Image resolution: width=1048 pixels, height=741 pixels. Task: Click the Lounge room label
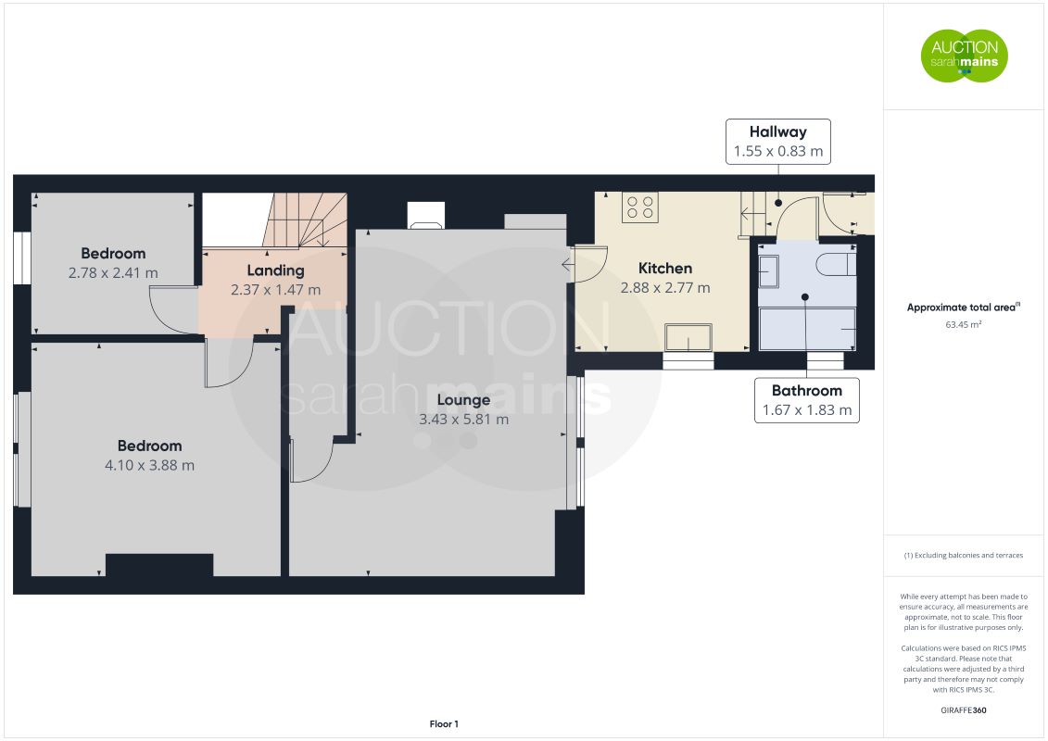[463, 399]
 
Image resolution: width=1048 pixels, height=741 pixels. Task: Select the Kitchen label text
[665, 268]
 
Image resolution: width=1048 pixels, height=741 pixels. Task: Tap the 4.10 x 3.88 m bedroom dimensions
[150, 465]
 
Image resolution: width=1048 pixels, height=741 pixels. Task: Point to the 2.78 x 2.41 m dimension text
[113, 272]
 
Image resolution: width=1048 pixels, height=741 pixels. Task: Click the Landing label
[275, 270]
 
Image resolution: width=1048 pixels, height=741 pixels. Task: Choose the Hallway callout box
[778, 142]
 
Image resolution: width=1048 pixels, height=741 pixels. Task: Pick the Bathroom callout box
[807, 400]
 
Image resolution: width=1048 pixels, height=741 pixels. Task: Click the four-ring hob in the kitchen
[639, 207]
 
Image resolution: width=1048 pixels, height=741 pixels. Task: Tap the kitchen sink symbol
[688, 337]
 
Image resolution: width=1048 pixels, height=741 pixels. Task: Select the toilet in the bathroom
[836, 264]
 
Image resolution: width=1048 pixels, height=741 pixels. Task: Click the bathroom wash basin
[768, 272]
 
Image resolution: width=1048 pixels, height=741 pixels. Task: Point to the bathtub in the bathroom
[807, 328]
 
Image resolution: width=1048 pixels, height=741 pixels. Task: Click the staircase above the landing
[305, 220]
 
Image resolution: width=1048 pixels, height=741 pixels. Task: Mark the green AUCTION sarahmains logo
[965, 56]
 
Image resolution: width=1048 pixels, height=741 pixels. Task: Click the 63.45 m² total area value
[963, 325]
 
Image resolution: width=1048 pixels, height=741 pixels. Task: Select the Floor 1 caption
[444, 723]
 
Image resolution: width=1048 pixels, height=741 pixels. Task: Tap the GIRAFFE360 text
[963, 710]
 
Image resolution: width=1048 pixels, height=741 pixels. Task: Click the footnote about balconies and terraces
[963, 555]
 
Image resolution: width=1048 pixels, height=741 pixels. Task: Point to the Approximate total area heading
[963, 308]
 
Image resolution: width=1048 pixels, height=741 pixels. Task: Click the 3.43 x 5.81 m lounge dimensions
[464, 419]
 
